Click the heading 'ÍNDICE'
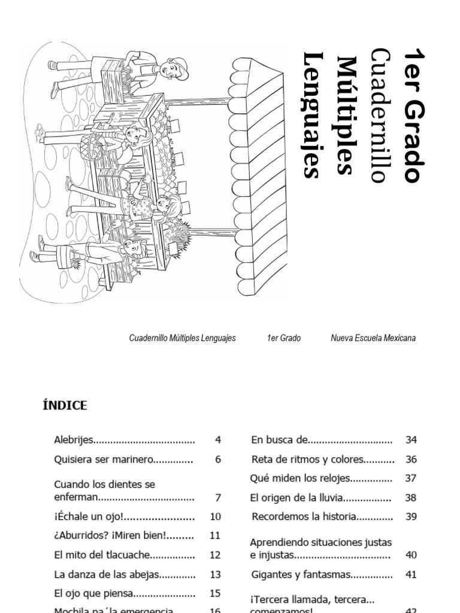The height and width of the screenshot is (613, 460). point(65,405)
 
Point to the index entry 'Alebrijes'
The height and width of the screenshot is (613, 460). point(74,440)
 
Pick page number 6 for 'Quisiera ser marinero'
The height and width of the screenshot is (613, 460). point(218,460)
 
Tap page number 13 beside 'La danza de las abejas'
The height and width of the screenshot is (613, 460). point(216,574)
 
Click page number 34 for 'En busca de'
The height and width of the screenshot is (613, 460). point(411,440)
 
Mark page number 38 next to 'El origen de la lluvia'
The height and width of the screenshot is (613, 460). point(411,497)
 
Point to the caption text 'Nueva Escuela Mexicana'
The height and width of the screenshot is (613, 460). point(373,338)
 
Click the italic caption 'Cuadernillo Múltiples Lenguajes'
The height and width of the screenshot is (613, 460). point(183,338)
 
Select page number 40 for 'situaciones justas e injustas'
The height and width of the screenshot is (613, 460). point(411,555)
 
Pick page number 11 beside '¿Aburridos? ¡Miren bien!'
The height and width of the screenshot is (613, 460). point(216,536)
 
